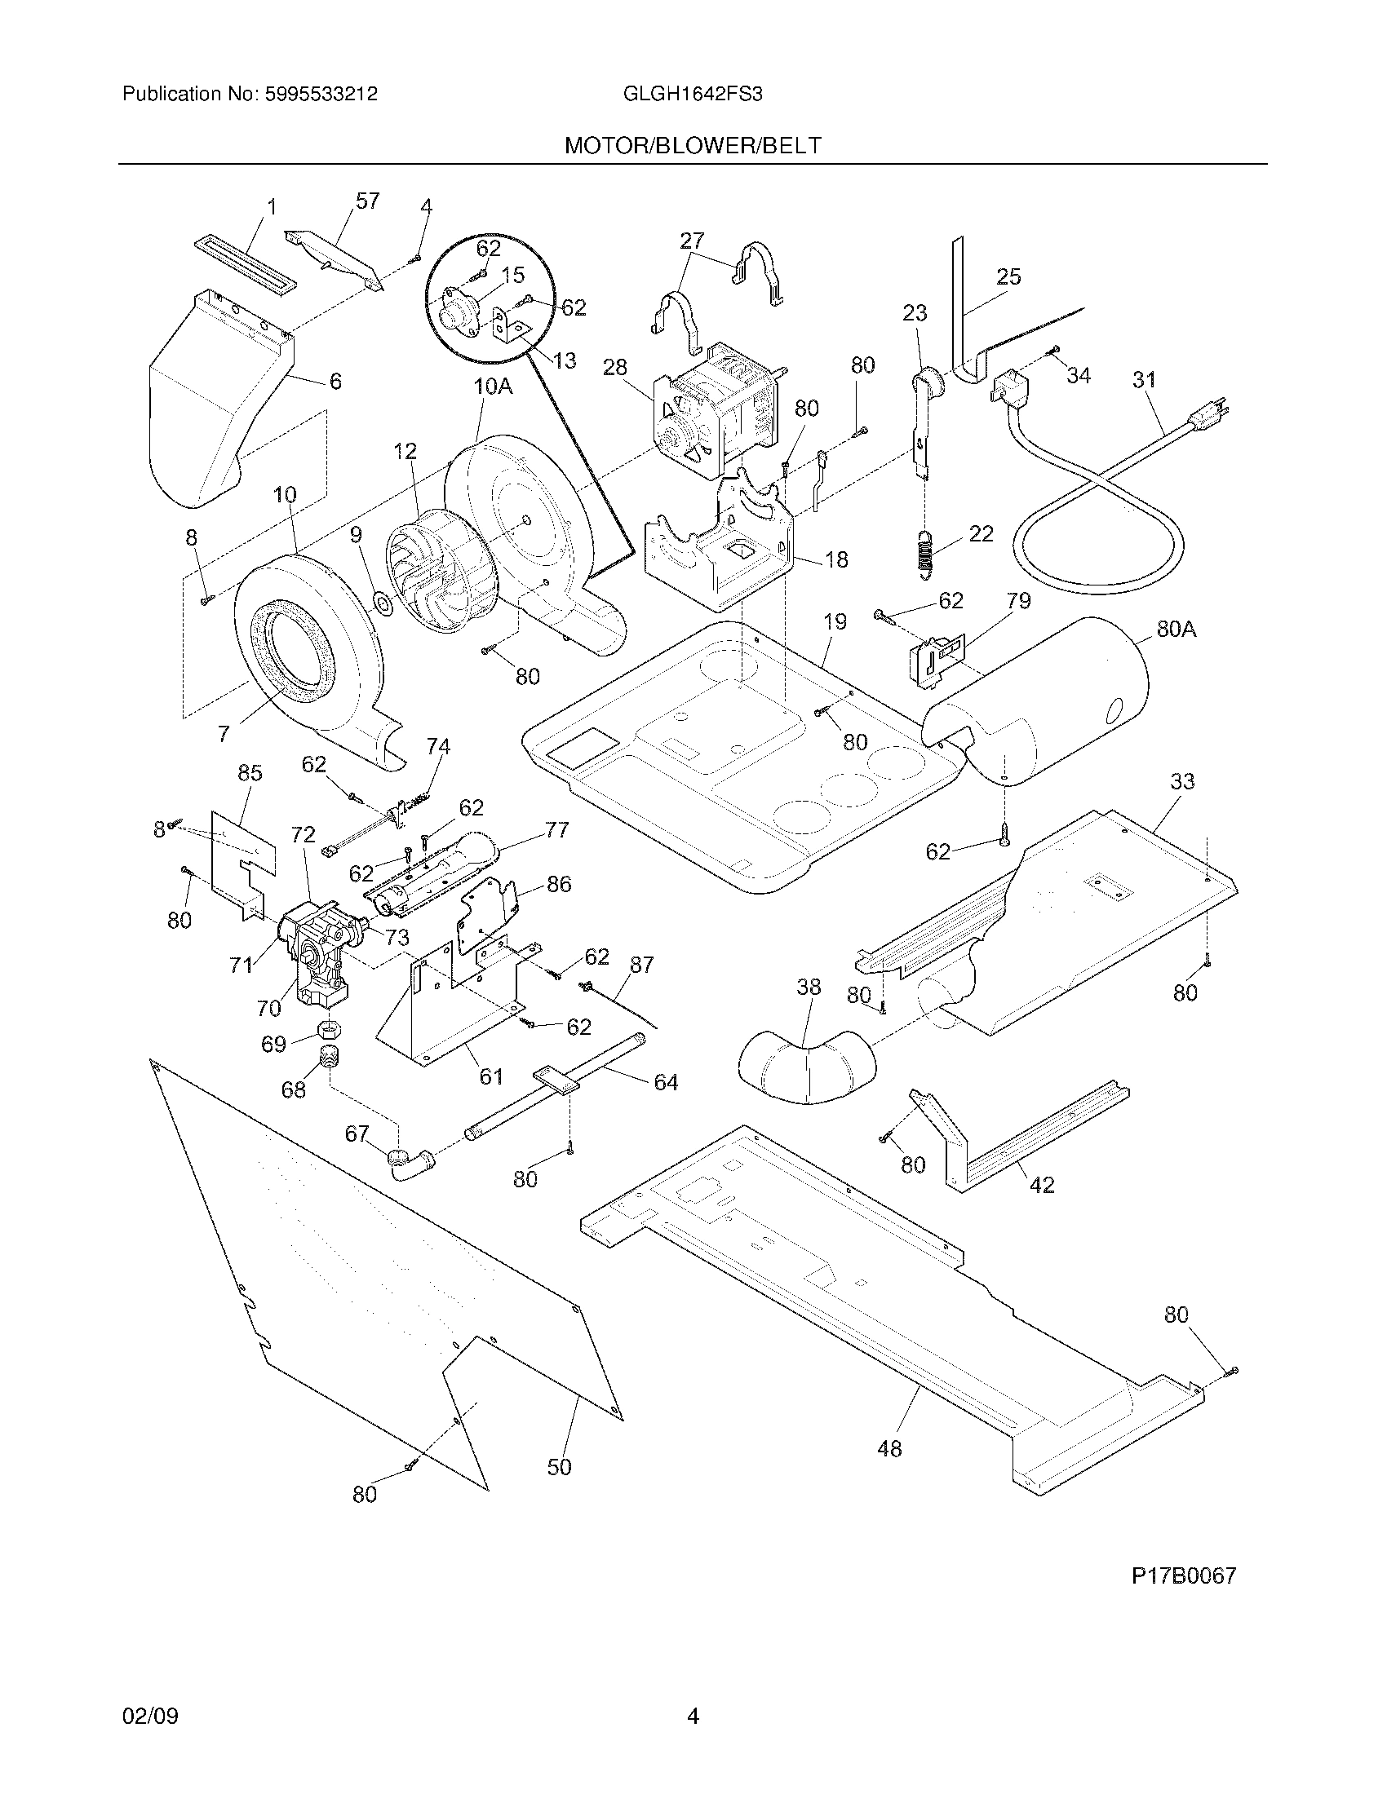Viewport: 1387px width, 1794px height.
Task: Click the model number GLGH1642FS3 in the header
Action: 693,94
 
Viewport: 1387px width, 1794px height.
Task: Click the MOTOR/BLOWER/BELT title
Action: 692,146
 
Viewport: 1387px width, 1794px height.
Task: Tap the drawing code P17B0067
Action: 1183,1575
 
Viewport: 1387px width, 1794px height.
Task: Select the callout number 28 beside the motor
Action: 615,367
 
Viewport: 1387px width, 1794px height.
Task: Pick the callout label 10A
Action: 493,386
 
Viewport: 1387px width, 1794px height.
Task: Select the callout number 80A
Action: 1176,630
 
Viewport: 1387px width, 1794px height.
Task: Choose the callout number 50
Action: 559,1466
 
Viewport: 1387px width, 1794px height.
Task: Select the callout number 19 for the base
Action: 835,622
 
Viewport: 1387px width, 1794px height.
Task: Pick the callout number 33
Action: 1182,781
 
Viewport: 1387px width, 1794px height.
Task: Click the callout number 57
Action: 367,201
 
